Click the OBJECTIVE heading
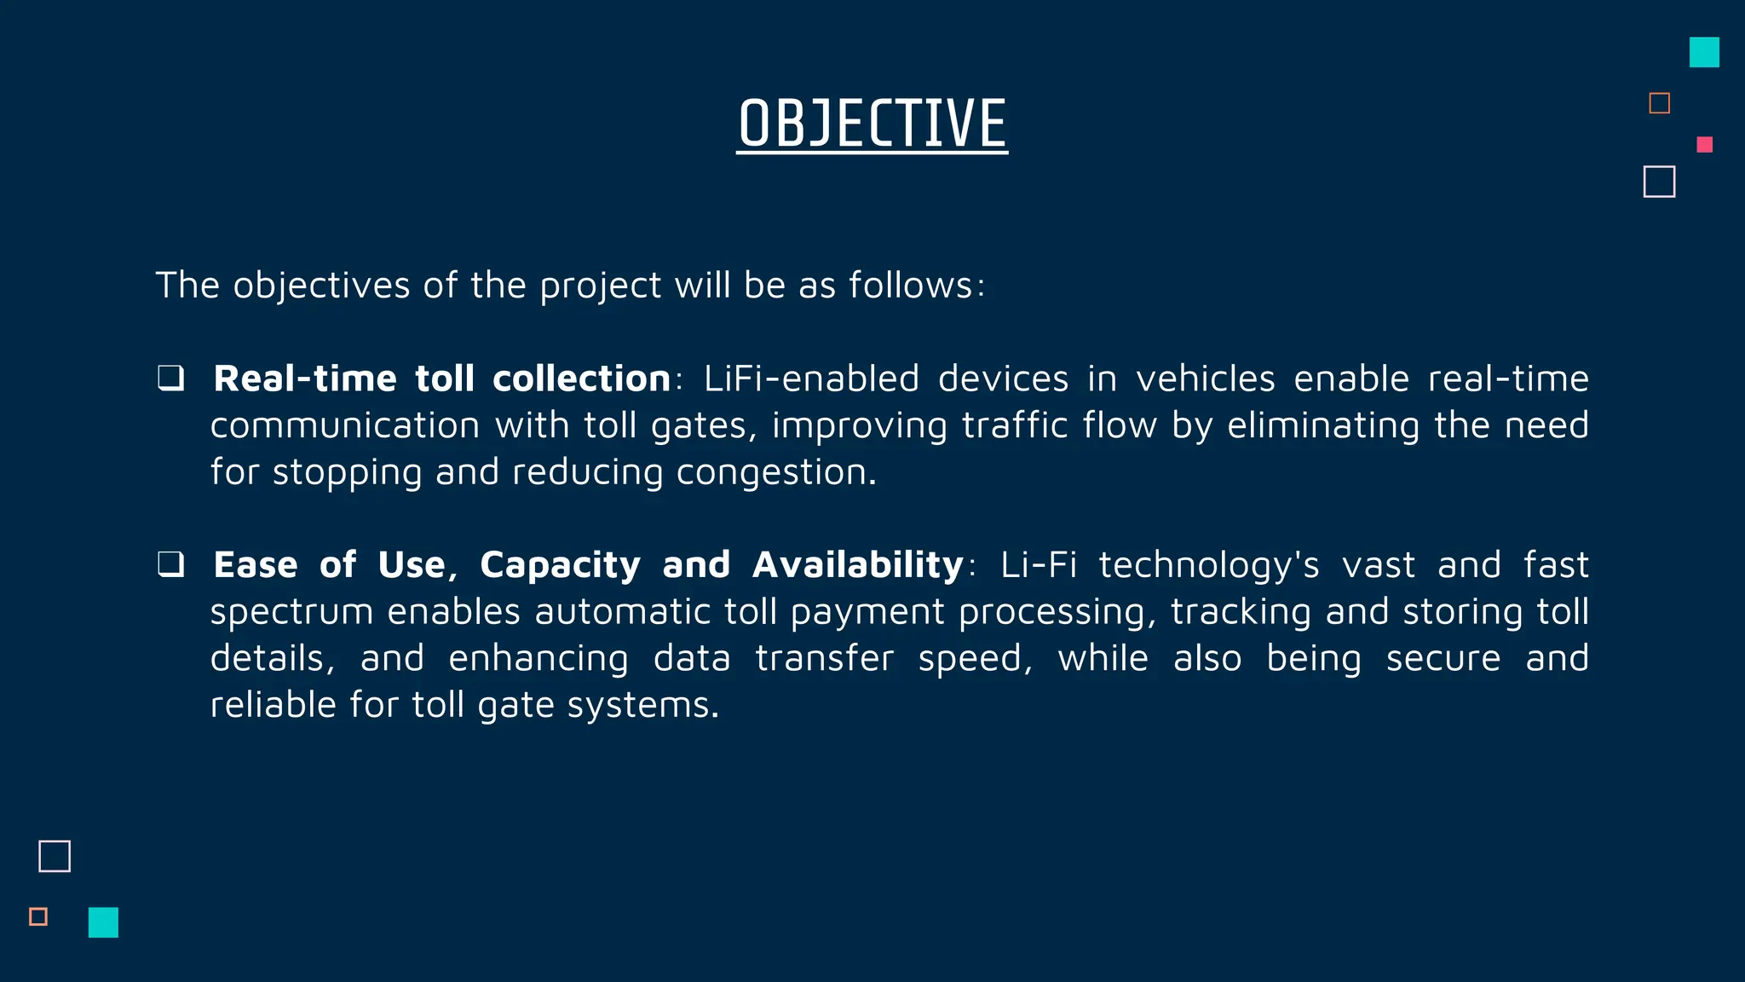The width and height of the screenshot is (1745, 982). [x=872, y=124]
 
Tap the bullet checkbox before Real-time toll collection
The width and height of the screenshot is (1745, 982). [x=171, y=378]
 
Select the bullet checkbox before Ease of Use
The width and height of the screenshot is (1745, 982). [x=171, y=564]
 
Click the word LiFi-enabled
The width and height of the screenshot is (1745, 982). [x=811, y=378]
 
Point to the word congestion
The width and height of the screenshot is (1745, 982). [x=775, y=472]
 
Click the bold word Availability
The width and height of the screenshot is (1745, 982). [x=857, y=565]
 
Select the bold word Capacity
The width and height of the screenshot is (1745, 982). [x=560, y=565]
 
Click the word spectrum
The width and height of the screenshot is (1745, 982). [x=291, y=612]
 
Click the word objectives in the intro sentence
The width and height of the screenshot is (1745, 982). [x=321, y=285]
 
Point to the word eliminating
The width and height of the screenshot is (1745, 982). [x=1323, y=425]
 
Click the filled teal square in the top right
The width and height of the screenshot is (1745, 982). [x=1704, y=52]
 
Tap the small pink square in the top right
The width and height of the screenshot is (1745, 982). [x=1704, y=145]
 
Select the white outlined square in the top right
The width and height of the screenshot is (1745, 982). [x=1659, y=182]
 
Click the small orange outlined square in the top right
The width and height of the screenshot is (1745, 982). [x=1659, y=103]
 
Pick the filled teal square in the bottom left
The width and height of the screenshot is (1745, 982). [x=103, y=922]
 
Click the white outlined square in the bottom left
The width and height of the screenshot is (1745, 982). [x=55, y=856]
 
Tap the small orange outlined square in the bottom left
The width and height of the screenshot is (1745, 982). [x=38, y=916]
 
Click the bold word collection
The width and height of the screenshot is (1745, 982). [x=581, y=378]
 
